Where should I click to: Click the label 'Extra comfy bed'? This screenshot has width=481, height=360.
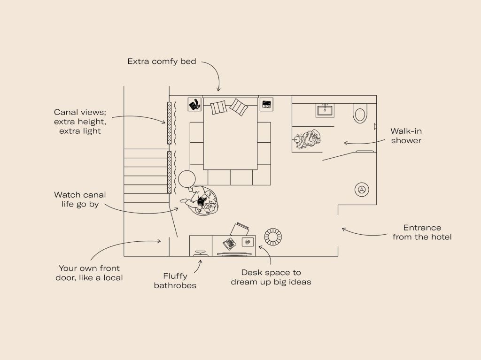point(162,61)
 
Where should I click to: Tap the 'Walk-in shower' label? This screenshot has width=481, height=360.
point(406,136)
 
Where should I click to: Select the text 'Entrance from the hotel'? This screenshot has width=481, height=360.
point(422,232)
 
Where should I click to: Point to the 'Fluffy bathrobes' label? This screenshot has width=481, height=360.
point(175,281)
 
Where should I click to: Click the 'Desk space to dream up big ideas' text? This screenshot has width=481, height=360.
point(271,277)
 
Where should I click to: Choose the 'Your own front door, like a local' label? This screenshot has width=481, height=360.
point(89,273)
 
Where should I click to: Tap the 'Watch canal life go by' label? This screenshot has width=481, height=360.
point(80,199)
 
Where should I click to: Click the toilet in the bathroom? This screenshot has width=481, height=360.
point(360,113)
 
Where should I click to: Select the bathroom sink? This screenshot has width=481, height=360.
point(325,110)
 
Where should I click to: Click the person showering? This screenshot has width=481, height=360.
point(308,140)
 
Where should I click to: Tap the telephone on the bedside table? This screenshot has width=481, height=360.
point(194,105)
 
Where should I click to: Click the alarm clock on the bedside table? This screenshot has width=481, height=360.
point(266,104)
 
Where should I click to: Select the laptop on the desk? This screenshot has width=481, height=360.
point(229,244)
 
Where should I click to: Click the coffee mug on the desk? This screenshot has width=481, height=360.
point(247,242)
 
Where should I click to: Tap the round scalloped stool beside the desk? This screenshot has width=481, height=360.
point(273,237)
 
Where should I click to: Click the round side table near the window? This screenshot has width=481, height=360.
point(187,179)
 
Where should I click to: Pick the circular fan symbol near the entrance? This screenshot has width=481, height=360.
point(362,190)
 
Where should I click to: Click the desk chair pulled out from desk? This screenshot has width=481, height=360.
point(239,229)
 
